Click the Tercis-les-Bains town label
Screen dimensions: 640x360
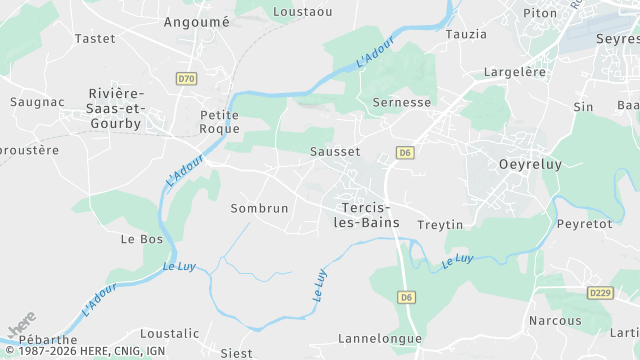pyautogui.click(x=365, y=214)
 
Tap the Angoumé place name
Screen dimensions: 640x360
pyautogui.click(x=196, y=21)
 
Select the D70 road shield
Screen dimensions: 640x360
pyautogui.click(x=186, y=78)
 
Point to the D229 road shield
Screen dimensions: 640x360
pyautogui.click(x=600, y=292)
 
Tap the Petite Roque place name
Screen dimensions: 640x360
pyautogui.click(x=220, y=121)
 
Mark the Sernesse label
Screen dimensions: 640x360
pyautogui.click(x=401, y=102)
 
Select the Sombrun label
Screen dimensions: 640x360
pyautogui.click(x=259, y=208)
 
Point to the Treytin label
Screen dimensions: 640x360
pyautogui.click(x=440, y=225)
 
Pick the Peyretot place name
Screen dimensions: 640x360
pyautogui.click(x=584, y=224)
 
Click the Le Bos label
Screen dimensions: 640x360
pyautogui.click(x=142, y=240)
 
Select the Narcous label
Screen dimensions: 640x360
pyautogui.click(x=555, y=321)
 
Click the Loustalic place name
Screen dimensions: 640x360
pyautogui.click(x=169, y=333)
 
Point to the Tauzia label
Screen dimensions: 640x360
pyautogui.click(x=466, y=34)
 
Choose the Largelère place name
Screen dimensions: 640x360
pyautogui.click(x=515, y=72)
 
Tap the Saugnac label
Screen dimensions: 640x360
pyautogui.click(x=37, y=102)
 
